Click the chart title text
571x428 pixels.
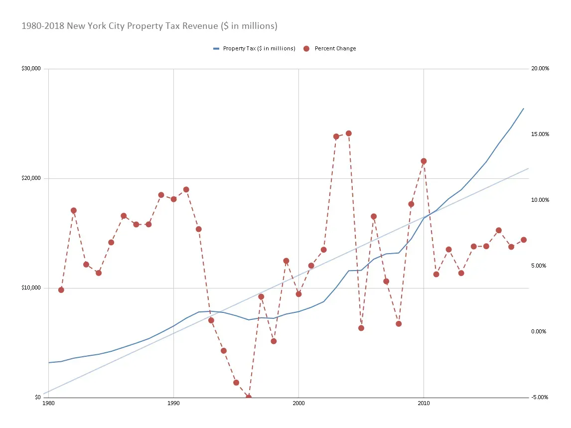[149, 26]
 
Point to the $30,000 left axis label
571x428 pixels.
[31, 69]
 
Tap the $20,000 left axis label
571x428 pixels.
[31, 178]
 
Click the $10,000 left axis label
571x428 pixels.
[31, 288]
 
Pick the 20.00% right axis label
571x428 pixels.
[540, 69]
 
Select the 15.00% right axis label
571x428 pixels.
[540, 135]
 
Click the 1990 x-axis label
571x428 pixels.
[173, 403]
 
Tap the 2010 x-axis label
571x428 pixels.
[424, 403]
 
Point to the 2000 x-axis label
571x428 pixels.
[298, 403]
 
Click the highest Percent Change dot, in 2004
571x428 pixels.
[349, 134]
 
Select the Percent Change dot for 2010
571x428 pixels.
[424, 161]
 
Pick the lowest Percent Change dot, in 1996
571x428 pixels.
[249, 397]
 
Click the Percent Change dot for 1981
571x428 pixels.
[61, 290]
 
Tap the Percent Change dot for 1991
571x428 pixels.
[186, 190]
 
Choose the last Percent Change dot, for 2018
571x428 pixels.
[524, 240]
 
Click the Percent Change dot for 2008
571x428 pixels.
[399, 324]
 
